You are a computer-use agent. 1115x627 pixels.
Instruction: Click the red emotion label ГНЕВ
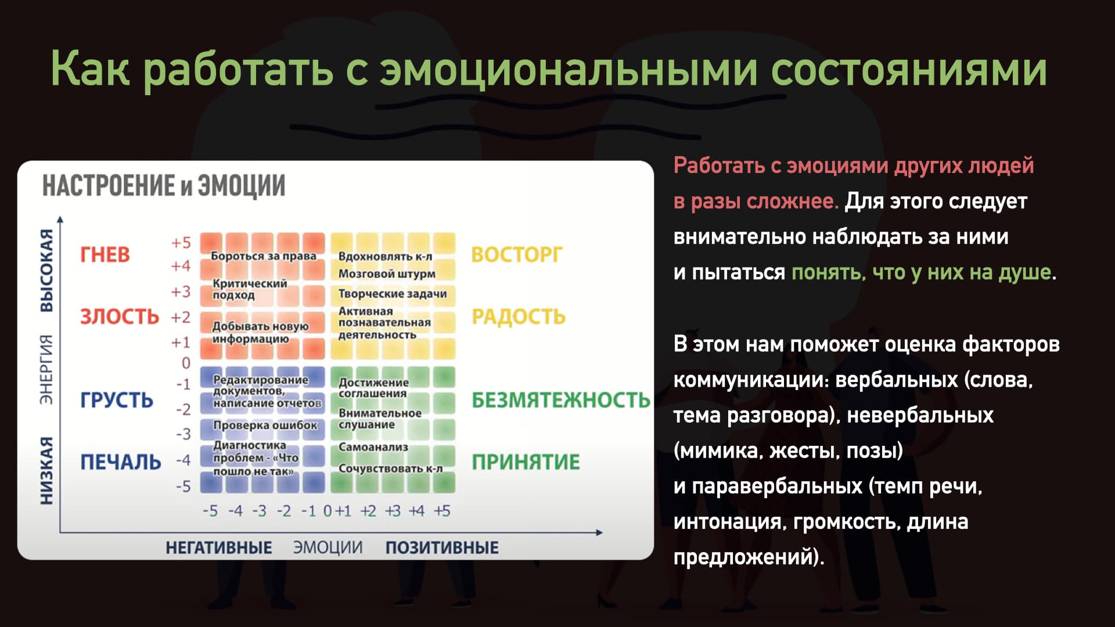pos(105,254)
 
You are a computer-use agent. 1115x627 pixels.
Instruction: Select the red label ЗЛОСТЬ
pos(120,316)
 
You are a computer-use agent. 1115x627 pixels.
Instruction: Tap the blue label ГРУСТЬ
pos(117,400)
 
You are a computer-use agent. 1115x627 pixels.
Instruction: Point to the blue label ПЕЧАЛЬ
pos(121,462)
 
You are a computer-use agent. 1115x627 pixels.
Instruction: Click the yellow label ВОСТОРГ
pos(517,255)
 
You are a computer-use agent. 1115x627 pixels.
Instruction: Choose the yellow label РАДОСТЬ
pos(519,316)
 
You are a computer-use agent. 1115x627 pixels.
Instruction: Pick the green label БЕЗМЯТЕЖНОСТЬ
pos(561,400)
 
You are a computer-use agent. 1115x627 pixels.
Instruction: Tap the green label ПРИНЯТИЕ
pos(526,462)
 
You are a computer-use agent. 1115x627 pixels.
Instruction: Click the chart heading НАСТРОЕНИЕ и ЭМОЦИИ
pos(164,186)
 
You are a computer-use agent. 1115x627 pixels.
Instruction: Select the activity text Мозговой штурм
pos(387,273)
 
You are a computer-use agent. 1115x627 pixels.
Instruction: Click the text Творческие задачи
pos(393,294)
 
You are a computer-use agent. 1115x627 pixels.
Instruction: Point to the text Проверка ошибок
pos(265,426)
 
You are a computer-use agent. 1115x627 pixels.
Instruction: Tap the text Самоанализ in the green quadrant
pos(373,447)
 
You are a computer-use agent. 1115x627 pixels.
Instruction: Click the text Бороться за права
pos(264,256)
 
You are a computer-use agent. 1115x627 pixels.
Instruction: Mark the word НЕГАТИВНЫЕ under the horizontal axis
pos(219,547)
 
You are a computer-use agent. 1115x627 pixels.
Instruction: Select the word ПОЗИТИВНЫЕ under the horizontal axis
pos(442,547)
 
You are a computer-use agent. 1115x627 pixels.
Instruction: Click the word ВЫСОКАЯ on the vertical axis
pos(46,271)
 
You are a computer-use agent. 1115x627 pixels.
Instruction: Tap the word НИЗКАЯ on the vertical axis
pos(46,471)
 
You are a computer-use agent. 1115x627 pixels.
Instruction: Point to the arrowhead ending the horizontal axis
pos(600,532)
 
